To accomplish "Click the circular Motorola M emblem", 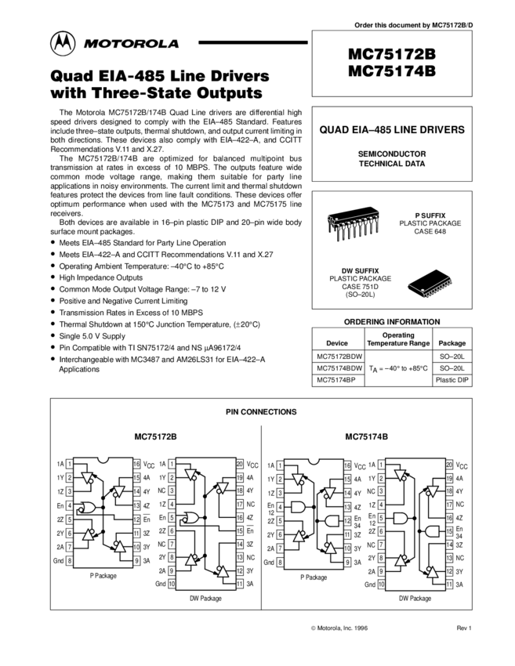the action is click(x=63, y=44).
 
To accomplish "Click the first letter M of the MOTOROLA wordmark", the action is click(x=89, y=45).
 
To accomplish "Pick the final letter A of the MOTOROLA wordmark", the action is click(x=173, y=45).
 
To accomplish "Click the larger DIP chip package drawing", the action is click(x=354, y=224).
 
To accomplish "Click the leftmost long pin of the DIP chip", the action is click(x=339, y=233).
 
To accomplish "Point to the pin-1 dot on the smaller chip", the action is click(x=423, y=291).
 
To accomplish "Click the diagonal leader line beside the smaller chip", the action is click(x=415, y=288).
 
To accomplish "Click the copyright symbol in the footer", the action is click(x=313, y=628).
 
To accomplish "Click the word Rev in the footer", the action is click(x=462, y=628).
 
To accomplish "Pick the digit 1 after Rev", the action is click(x=470, y=628).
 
